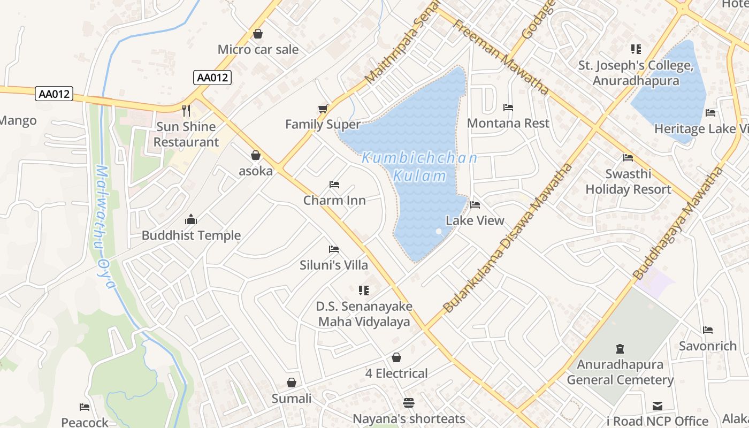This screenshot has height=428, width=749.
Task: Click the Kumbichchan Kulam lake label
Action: tap(419, 166)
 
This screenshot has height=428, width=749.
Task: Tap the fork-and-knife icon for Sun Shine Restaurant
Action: tap(186, 111)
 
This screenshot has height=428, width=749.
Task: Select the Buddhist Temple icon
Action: tap(191, 219)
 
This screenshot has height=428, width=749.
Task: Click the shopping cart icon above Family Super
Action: tap(323, 109)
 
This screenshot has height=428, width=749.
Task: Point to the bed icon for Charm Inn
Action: tap(334, 185)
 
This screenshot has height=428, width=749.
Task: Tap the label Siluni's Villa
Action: tap(334, 265)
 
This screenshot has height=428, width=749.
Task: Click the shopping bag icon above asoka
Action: tap(256, 155)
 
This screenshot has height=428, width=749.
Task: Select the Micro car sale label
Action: tap(258, 50)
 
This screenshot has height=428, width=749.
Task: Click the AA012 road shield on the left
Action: tap(54, 94)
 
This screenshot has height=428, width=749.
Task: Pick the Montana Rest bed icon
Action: tap(508, 108)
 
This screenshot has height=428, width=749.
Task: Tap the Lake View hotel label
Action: tap(475, 220)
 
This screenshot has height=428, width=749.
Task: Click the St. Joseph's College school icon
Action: tap(636, 49)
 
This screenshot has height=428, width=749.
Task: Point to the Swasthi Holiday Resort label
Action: tap(628, 181)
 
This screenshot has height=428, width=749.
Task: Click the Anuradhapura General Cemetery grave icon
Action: tap(620, 349)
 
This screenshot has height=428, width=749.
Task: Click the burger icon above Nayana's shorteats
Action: tap(409, 402)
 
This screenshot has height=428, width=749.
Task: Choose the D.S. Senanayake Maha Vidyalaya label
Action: tap(364, 314)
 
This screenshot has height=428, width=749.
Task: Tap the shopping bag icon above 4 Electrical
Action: tap(396, 357)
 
